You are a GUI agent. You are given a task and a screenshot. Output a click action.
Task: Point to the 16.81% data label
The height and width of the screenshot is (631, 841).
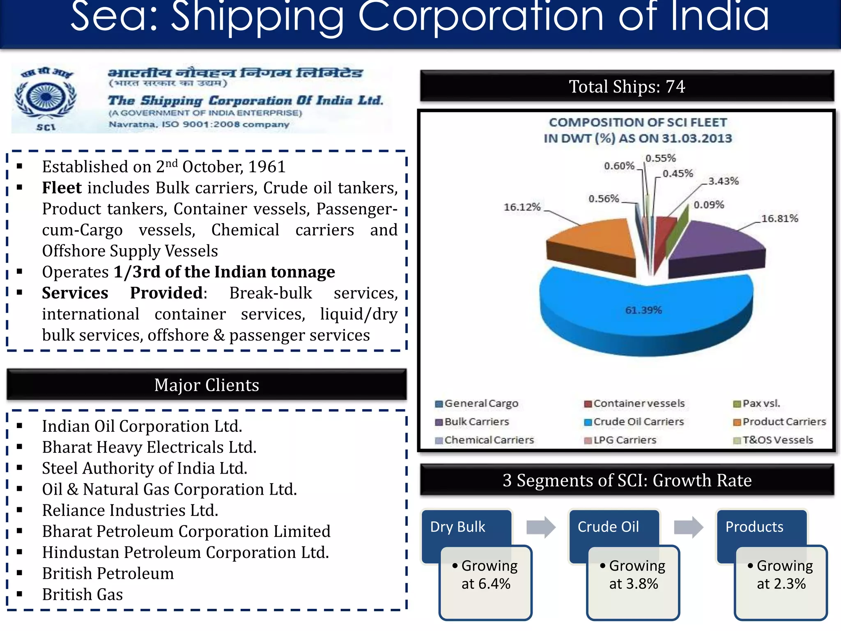(779, 219)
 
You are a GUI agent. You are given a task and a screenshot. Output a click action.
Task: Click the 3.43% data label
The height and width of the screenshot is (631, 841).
(723, 181)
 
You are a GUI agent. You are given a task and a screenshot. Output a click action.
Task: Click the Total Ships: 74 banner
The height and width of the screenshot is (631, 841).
(627, 87)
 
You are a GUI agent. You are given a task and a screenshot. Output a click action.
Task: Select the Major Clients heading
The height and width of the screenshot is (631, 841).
(207, 385)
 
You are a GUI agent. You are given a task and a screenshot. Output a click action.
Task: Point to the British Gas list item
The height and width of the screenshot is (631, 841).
(83, 594)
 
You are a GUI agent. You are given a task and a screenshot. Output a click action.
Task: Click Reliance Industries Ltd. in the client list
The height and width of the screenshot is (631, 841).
(130, 510)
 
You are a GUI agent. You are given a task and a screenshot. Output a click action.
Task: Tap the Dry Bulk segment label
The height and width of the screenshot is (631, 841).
(457, 527)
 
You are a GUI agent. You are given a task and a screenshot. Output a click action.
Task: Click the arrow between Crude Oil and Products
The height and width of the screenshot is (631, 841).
(688, 527)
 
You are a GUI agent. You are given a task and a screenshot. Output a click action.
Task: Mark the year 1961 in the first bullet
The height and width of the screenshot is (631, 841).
(267, 167)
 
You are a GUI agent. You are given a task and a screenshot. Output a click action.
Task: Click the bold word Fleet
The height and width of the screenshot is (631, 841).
(62, 188)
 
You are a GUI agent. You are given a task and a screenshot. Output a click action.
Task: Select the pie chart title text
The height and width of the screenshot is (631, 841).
(638, 130)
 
